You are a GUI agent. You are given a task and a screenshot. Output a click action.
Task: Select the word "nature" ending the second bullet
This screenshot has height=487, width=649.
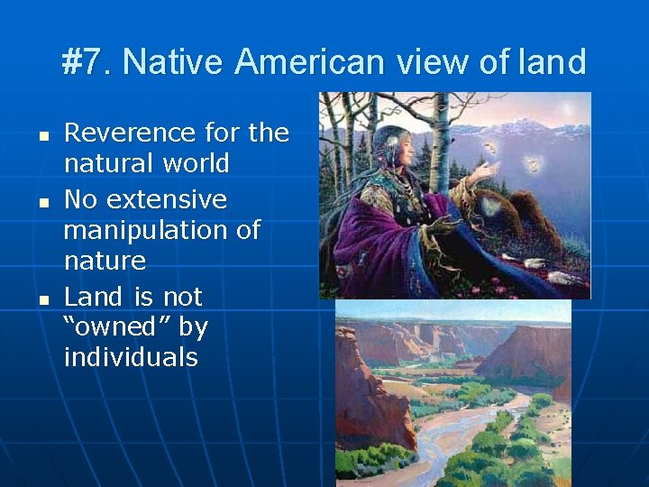coord(105,262)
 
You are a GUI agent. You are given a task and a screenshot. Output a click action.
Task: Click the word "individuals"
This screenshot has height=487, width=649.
coord(131,357)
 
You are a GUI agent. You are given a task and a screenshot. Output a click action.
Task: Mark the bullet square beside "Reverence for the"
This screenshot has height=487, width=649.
coord(41,134)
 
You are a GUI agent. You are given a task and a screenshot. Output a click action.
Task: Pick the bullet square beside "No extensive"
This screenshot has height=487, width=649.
coord(41,199)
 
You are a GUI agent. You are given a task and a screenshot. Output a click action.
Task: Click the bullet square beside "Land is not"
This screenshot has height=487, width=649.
coord(41,297)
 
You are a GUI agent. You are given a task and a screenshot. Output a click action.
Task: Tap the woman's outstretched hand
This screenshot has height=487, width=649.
coord(484,170)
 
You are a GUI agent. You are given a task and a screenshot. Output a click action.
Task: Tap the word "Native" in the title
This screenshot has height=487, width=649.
coord(174,62)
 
